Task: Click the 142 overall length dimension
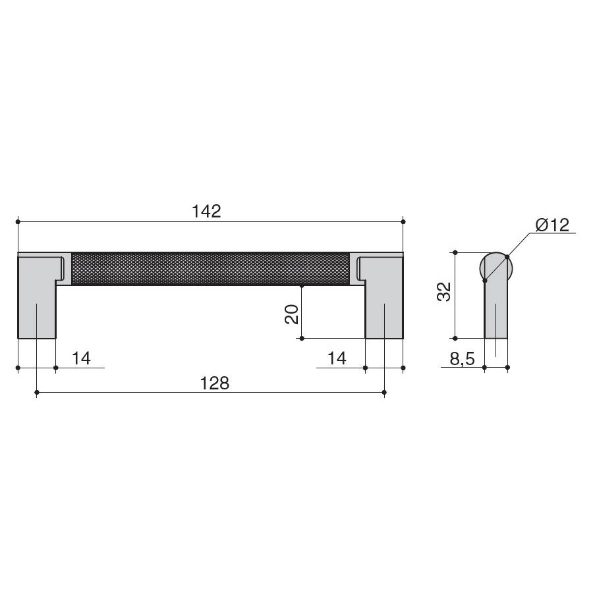(x=206, y=211)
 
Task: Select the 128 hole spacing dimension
(x=214, y=383)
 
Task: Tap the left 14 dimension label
(x=81, y=358)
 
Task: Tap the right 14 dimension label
(x=337, y=358)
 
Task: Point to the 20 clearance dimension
(x=292, y=314)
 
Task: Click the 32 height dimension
(x=444, y=292)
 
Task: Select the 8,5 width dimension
(x=462, y=358)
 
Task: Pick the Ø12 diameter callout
(x=553, y=225)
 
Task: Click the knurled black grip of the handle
(x=210, y=269)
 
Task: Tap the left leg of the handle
(x=37, y=296)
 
